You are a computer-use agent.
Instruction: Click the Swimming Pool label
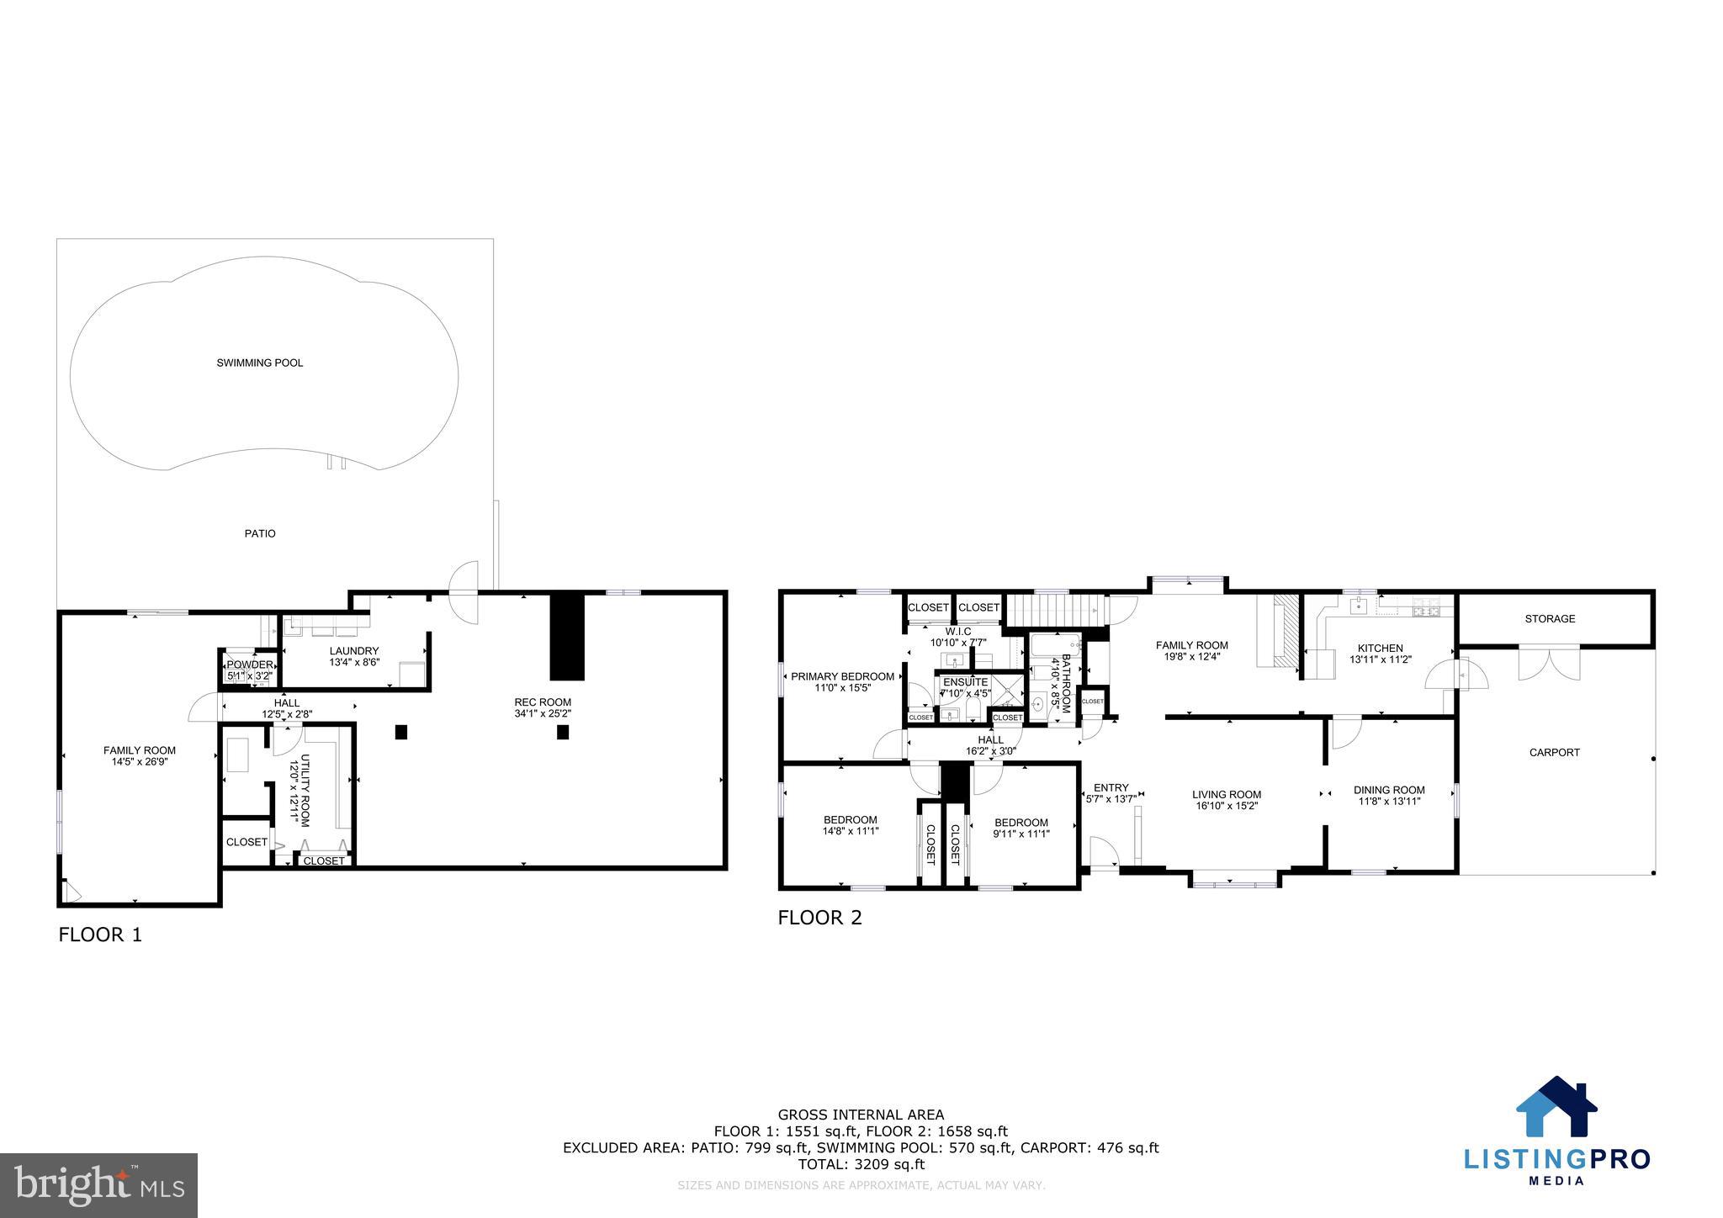[x=259, y=363]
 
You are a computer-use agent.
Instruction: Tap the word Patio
[x=260, y=533]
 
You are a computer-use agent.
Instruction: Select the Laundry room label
[x=354, y=650]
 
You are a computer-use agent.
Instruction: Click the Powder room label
[x=250, y=665]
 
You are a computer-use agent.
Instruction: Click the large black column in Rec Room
[x=567, y=636]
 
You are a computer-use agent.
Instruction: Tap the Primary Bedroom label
[x=842, y=676]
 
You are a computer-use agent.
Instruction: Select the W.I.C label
[x=958, y=631]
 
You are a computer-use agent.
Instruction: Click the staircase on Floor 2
[x=1055, y=609]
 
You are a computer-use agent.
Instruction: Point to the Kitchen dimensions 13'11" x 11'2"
[x=1381, y=659]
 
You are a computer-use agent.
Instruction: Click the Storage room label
[x=1550, y=618]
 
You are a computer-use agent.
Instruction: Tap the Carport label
[x=1554, y=753]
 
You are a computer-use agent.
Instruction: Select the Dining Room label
[x=1389, y=790]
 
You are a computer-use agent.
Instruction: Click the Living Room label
[x=1227, y=794]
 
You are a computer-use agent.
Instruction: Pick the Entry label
[x=1111, y=788]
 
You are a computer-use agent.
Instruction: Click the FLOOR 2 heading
[x=819, y=918]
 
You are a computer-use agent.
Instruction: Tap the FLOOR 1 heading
[x=100, y=935]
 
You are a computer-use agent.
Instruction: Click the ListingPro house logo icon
[x=1556, y=1109]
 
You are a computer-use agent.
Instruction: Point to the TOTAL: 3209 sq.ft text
[x=861, y=1164]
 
